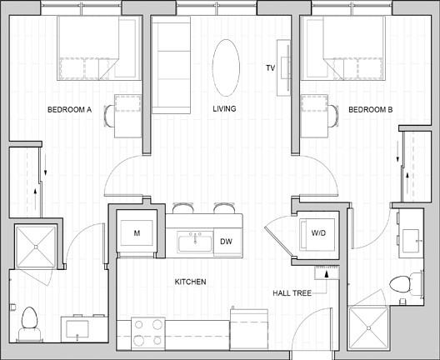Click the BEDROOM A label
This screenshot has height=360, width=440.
(x=70, y=109)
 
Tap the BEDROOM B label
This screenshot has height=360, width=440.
(x=370, y=109)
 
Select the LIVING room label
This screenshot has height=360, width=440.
(x=224, y=108)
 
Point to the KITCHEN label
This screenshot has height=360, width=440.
(x=190, y=282)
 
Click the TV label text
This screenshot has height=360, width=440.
(x=271, y=67)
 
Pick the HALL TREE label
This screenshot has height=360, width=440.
(x=292, y=293)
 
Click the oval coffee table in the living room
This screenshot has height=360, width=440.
(x=226, y=67)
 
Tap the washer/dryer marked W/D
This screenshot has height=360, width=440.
(x=317, y=234)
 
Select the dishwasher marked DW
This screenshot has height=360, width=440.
(x=227, y=242)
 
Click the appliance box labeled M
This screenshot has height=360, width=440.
(x=137, y=233)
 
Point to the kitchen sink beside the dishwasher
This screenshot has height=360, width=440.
(x=195, y=242)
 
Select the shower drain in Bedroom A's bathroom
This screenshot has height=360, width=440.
(x=36, y=247)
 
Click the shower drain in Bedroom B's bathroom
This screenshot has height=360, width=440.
(x=368, y=328)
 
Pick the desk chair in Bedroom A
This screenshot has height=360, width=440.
(x=109, y=116)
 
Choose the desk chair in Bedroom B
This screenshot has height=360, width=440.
(x=333, y=116)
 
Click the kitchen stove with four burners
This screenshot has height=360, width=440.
(x=148, y=333)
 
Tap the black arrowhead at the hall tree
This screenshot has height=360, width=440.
(x=327, y=274)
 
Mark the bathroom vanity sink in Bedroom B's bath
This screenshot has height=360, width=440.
(x=411, y=241)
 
